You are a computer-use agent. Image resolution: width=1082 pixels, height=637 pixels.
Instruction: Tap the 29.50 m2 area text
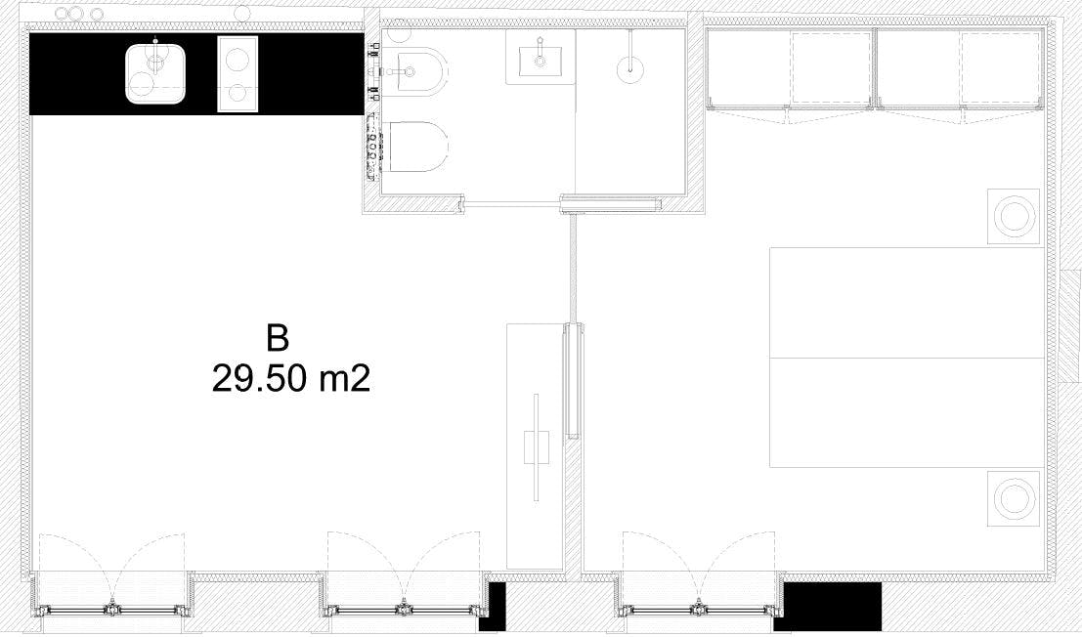point(290,378)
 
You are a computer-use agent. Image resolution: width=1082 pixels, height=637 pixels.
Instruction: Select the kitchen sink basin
point(156,73)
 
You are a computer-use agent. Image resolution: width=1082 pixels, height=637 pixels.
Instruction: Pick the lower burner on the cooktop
point(238,93)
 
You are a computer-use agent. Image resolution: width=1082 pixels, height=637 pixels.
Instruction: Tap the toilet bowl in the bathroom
point(414,147)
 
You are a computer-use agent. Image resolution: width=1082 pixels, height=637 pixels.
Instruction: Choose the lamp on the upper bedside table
point(1013,216)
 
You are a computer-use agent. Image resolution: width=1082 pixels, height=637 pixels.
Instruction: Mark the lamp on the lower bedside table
point(1013,498)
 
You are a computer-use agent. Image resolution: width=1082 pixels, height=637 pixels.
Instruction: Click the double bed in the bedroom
point(907,358)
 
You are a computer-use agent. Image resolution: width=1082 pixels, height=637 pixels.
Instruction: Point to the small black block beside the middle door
point(496,607)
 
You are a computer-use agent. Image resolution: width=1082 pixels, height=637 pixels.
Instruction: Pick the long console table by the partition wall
point(536,446)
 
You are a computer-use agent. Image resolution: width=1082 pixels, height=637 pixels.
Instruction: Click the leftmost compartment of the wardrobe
point(749,68)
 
